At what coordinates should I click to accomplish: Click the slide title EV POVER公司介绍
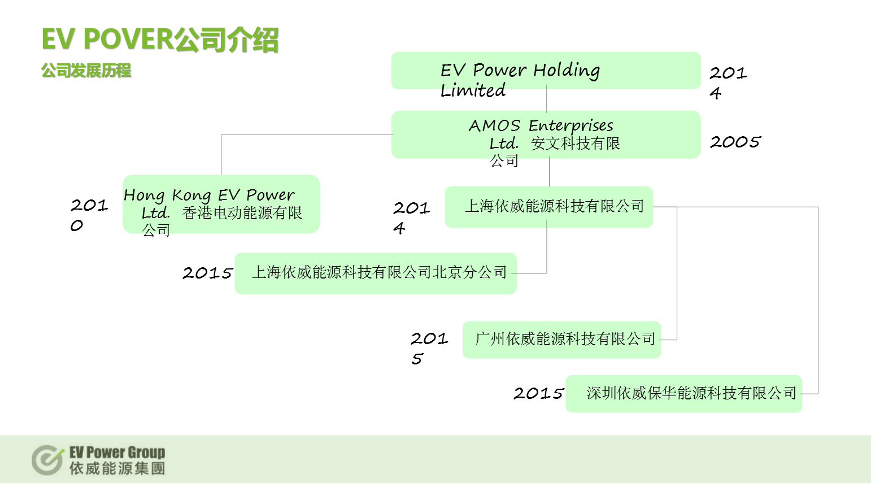coord(160,40)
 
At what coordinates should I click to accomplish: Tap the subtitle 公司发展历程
coord(86,71)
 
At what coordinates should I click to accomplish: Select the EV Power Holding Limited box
coord(546,71)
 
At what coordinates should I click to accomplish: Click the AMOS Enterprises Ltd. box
coord(546,134)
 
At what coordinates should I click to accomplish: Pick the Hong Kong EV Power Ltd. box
coord(221,204)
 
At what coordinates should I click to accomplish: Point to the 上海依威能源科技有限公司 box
coord(549,207)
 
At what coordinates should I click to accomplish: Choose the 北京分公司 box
coord(376,273)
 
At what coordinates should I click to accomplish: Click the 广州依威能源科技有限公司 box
coord(562,340)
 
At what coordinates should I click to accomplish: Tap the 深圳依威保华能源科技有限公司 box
coord(684,394)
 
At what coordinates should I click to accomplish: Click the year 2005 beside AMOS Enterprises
coord(735,142)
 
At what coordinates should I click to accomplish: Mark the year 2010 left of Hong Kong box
coord(89,215)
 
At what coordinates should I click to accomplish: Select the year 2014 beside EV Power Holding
coord(728,82)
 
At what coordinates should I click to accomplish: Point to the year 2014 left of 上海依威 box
coord(411,218)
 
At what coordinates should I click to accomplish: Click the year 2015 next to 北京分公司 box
coord(208,273)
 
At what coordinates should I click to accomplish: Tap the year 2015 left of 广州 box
coord(429,349)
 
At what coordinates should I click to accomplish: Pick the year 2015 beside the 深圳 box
coord(538,393)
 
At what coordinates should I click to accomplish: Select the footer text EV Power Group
coord(117,453)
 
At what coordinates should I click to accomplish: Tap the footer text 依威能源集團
coord(117,468)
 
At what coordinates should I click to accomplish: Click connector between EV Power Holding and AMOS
coord(546,99)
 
